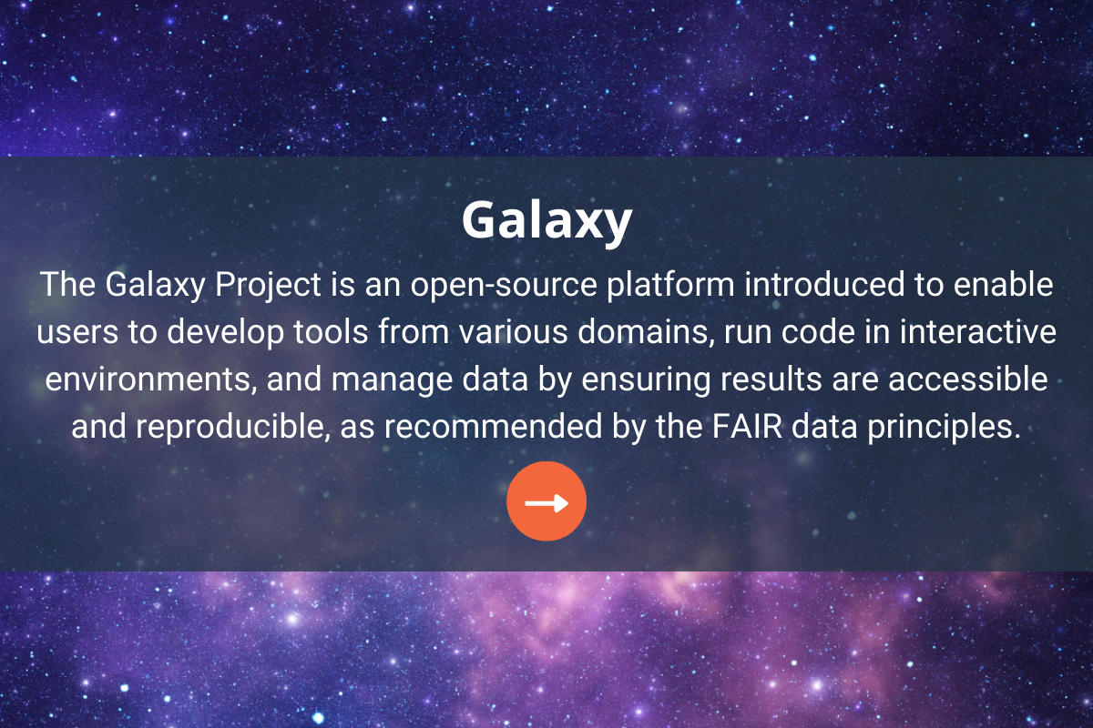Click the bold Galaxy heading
tap(547, 221)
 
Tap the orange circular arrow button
tap(546, 501)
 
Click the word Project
tap(268, 285)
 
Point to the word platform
tap(671, 285)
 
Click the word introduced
tap(824, 284)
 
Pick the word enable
tap(1003, 284)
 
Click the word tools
tap(331, 331)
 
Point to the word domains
tap(646, 331)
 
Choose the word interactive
tap(978, 331)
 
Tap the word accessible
tap(967, 379)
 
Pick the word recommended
tap(494, 427)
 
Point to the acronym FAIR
tap(747, 427)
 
